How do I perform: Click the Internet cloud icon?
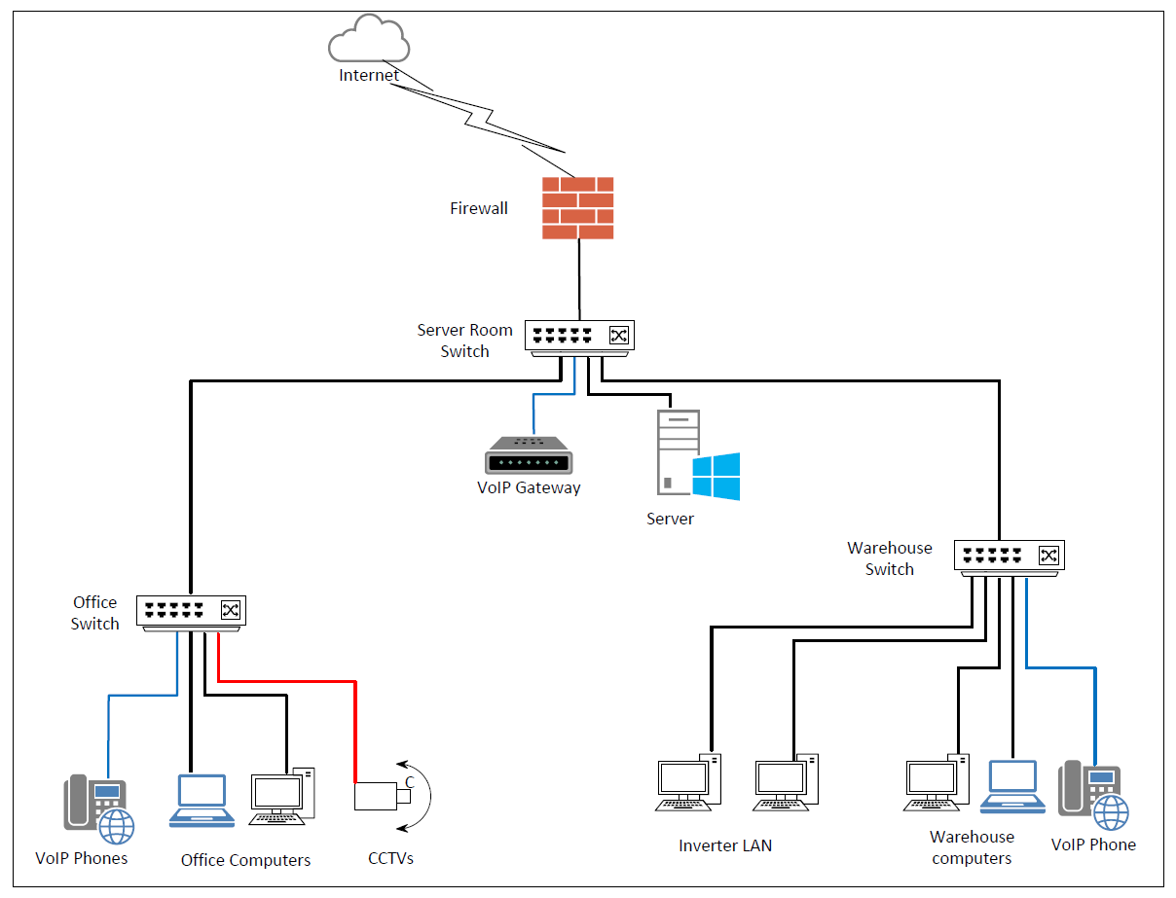click(x=369, y=41)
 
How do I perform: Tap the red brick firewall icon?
click(x=578, y=207)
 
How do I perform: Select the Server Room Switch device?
click(x=579, y=337)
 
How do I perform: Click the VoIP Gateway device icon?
click(x=527, y=456)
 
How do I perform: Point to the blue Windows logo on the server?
click(x=717, y=477)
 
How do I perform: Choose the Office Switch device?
click(x=191, y=611)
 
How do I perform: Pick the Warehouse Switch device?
click(x=1009, y=556)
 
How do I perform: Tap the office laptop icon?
click(x=202, y=801)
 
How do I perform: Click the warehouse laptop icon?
click(x=1012, y=786)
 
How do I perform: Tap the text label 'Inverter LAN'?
click(x=725, y=845)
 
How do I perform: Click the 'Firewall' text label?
click(x=478, y=208)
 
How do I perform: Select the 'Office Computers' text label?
click(x=245, y=860)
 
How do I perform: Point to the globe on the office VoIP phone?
click(x=117, y=827)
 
